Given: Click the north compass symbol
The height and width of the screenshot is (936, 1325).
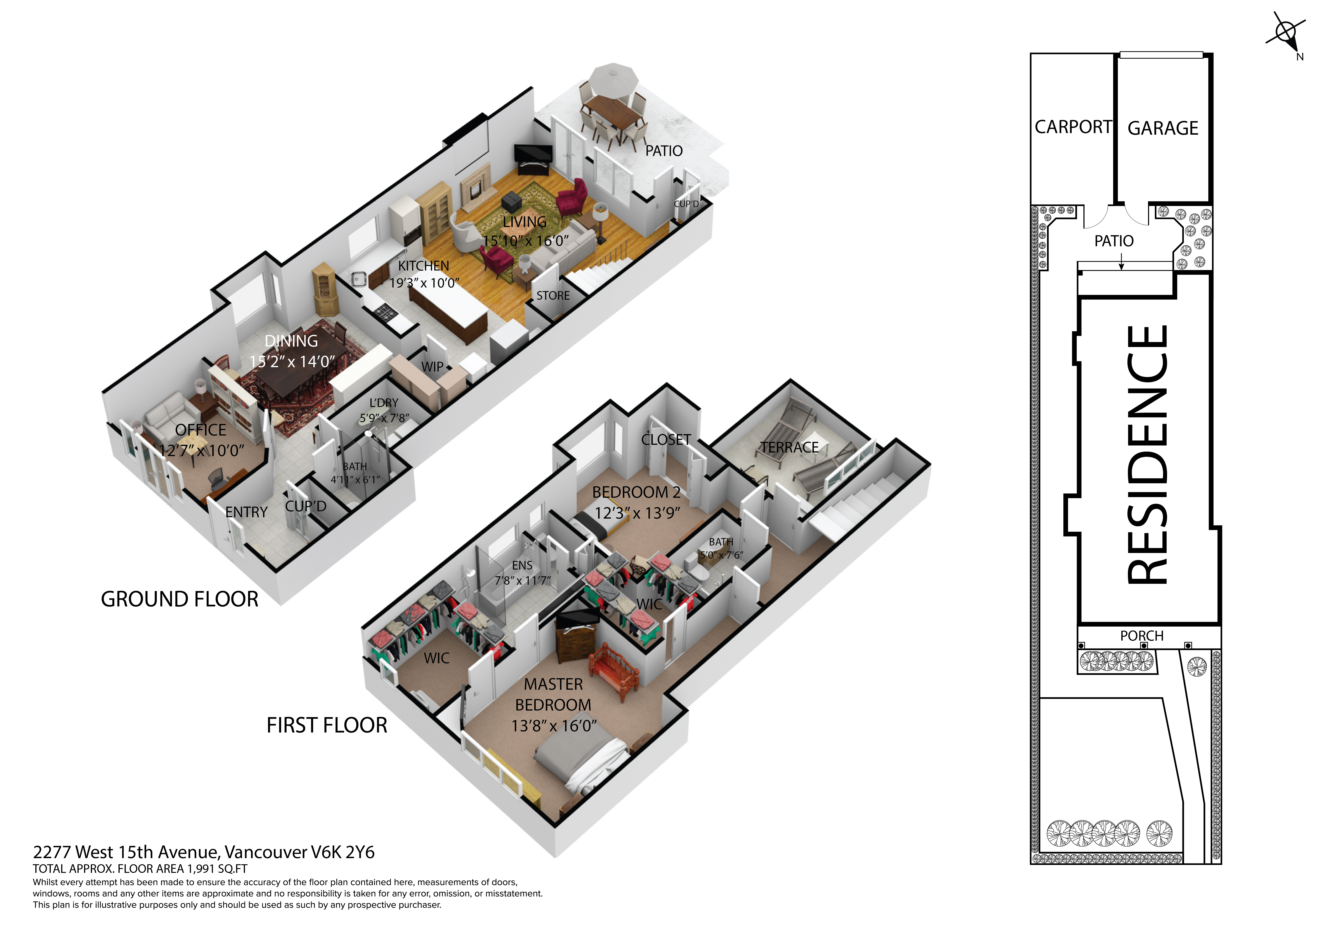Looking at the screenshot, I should coord(1286,34).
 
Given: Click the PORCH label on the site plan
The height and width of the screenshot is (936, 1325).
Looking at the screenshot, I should coord(1141,636).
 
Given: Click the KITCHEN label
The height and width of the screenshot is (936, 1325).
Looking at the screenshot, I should coord(424,266).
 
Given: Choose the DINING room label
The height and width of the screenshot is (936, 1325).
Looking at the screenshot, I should coord(291,341).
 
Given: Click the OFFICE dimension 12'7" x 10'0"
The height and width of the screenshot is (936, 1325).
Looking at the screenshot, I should coord(201,450).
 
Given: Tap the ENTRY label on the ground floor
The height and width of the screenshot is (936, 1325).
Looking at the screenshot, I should coord(247,512).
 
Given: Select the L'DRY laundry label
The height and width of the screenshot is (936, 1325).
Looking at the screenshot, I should coord(384,402).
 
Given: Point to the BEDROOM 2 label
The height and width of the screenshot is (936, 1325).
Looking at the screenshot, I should coord(636,492).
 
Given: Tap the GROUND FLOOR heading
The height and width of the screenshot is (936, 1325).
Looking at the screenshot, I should coord(179,599).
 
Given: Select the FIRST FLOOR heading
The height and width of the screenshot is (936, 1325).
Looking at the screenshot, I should coord(327,725).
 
